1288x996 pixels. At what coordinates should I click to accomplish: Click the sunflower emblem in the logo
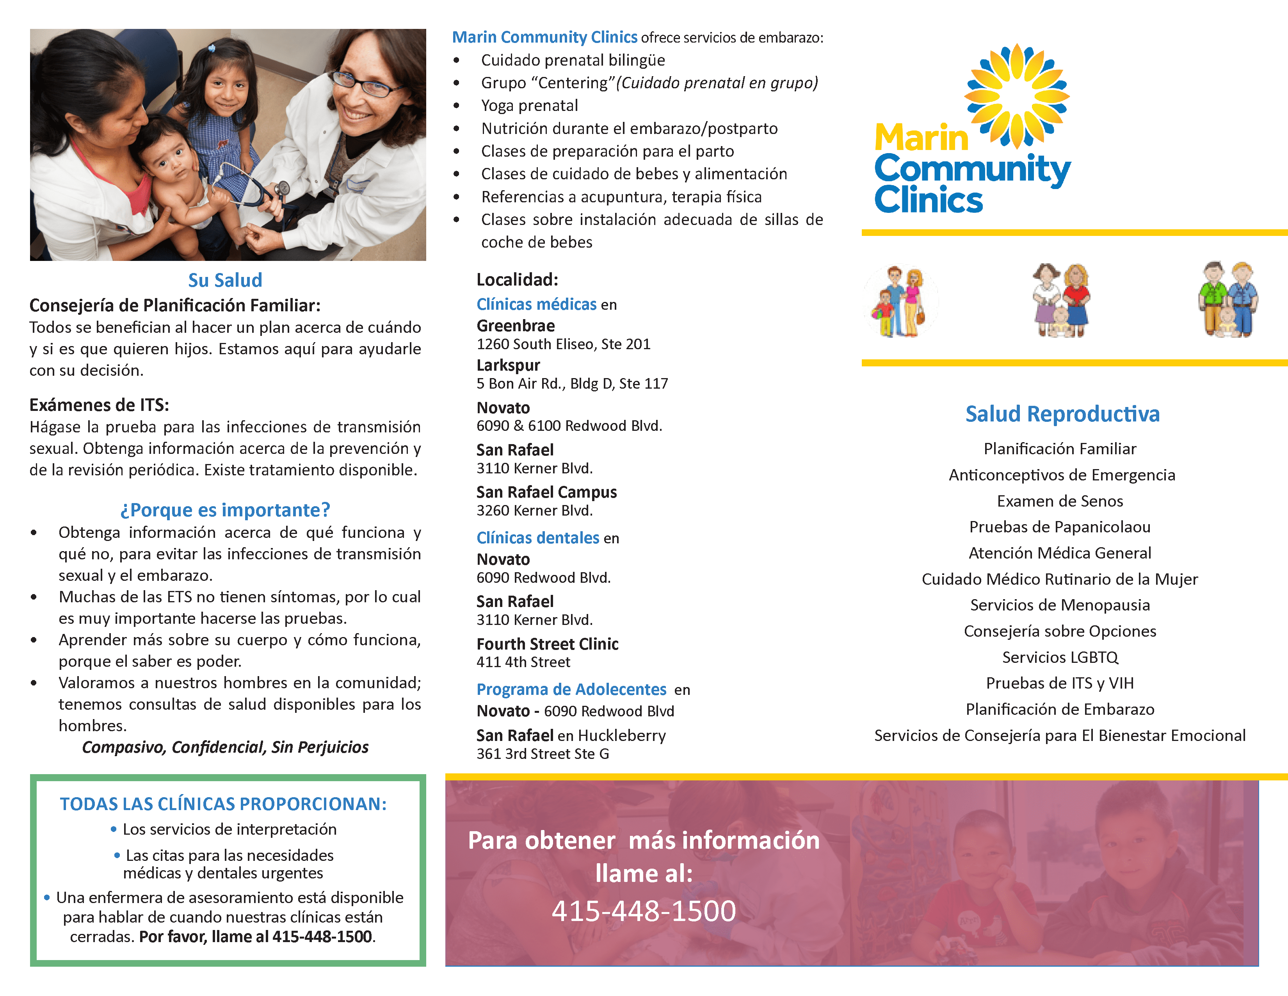[x=1017, y=96]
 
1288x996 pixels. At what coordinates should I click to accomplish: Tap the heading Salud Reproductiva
[x=1062, y=414]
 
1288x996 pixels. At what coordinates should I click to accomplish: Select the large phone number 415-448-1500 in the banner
[x=643, y=910]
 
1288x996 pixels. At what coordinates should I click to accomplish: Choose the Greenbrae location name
[x=516, y=326]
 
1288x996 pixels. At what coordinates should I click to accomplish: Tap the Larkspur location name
[x=508, y=365]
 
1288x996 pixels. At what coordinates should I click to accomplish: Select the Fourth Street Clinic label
[x=547, y=644]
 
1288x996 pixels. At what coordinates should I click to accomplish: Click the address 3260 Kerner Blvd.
[x=534, y=510]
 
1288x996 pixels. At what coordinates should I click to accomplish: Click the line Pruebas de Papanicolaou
[x=1060, y=527]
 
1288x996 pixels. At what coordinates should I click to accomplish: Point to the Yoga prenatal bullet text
[x=529, y=105]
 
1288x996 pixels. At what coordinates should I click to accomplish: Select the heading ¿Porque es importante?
[x=225, y=510]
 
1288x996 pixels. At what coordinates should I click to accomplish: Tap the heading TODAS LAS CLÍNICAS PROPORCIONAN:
[x=223, y=804]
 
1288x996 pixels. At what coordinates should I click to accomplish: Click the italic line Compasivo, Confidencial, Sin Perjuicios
[x=225, y=747]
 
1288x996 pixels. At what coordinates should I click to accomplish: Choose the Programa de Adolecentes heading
[x=571, y=689]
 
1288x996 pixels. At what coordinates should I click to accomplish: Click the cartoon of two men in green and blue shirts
[x=1228, y=300]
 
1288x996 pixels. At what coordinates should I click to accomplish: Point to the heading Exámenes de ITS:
[x=99, y=405]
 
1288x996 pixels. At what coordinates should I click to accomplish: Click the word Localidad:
[x=517, y=280]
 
